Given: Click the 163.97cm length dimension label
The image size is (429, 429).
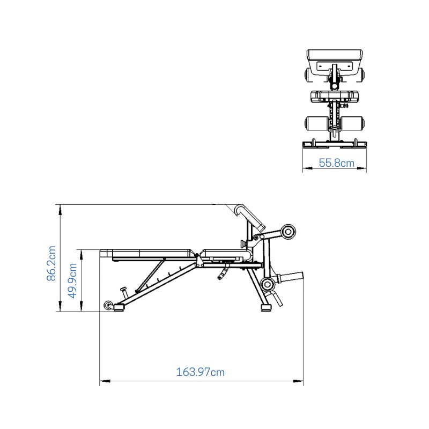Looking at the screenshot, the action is (200, 372).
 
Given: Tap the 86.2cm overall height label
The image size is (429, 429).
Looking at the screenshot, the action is (51, 263).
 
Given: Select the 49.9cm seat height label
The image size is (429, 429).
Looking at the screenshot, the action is (72, 280).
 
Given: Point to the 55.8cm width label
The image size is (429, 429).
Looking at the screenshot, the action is (336, 163).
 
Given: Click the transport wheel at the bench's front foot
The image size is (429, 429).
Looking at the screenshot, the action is (108, 306).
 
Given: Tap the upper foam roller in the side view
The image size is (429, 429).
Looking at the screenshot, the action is (288, 232).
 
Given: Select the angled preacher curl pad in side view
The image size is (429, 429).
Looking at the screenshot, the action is (249, 217).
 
